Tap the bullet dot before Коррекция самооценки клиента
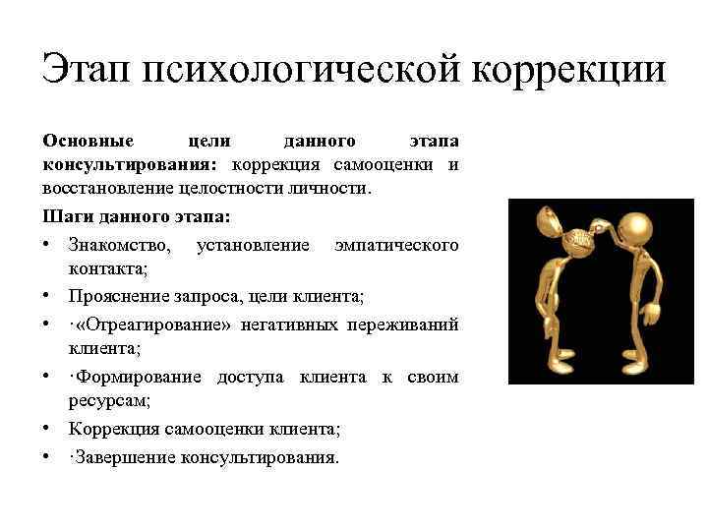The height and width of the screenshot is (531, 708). click(47, 430)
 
